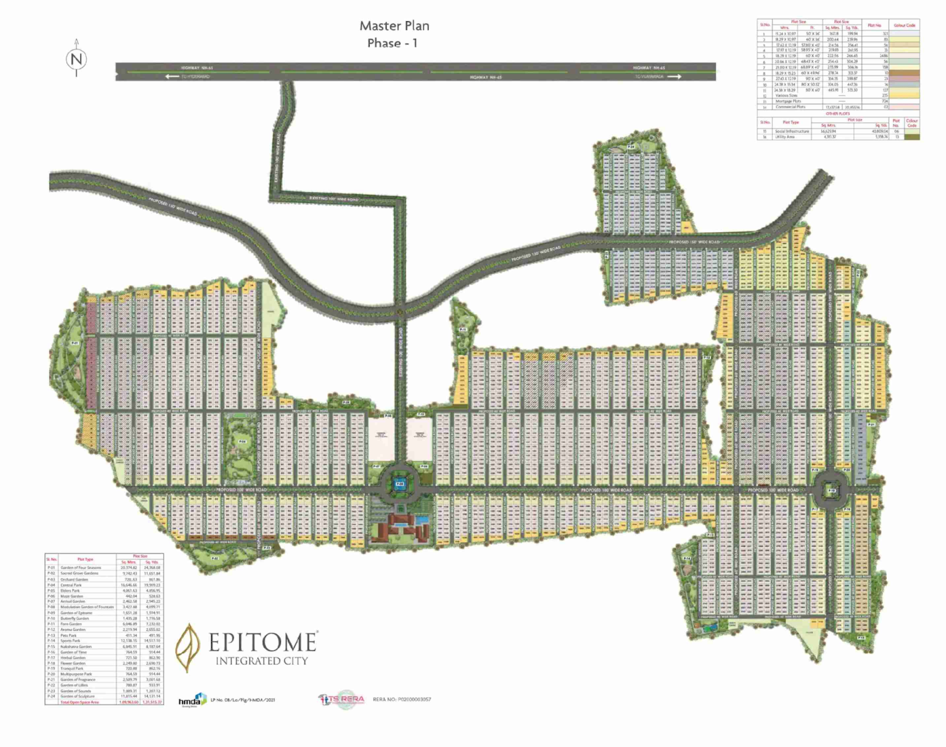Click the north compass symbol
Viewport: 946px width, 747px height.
point(76,59)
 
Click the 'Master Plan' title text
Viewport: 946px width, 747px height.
point(394,26)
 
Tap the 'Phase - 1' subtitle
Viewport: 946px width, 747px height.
point(392,43)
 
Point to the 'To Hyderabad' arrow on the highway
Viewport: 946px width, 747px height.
point(172,76)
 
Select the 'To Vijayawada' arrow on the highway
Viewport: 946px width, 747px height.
point(673,76)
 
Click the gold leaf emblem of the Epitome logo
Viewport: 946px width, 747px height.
point(189,648)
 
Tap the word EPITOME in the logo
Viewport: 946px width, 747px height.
point(263,642)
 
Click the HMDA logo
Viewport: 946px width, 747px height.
point(192,700)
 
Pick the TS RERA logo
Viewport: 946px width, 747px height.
point(342,699)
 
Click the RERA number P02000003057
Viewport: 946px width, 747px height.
point(402,699)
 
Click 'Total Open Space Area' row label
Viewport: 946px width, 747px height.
point(80,702)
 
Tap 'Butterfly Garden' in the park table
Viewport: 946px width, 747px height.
point(74,618)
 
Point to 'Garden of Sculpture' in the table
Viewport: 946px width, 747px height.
point(77,696)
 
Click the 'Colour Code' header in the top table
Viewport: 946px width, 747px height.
point(904,25)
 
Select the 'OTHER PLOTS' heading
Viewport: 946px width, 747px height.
point(838,114)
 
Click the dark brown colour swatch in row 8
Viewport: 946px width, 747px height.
point(904,73)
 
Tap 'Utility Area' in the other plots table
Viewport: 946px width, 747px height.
point(785,137)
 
